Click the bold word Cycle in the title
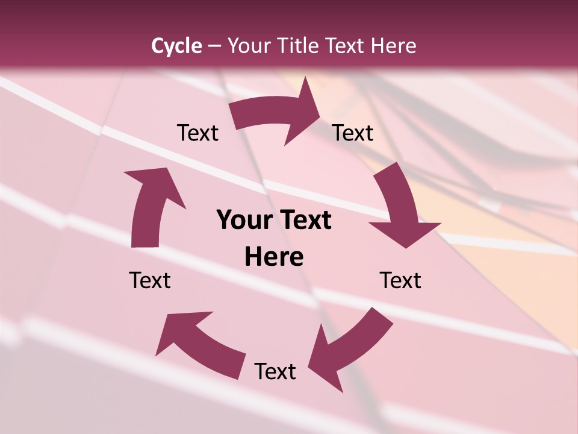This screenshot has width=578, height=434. tap(176, 46)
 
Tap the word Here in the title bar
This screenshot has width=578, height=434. tap(394, 46)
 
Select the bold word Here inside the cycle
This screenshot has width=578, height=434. tap(274, 257)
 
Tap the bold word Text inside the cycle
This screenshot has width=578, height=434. tap(306, 220)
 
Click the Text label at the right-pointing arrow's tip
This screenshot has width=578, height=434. tap(353, 133)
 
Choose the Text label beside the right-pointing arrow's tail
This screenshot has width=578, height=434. tap(197, 133)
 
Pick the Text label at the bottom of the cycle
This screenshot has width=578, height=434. tap(275, 371)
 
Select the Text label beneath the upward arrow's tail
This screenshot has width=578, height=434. tap(150, 280)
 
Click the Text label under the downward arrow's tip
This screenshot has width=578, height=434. tap(400, 280)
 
